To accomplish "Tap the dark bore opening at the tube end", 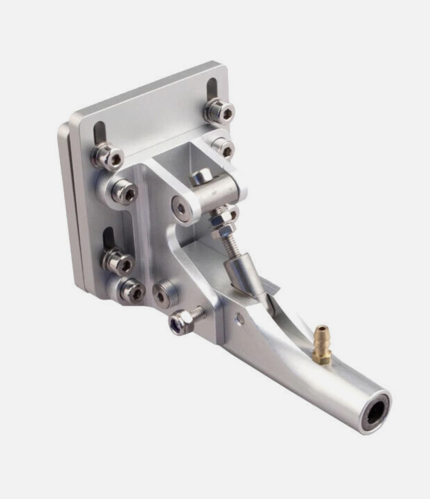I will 377,413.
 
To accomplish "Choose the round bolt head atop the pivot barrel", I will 201,177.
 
